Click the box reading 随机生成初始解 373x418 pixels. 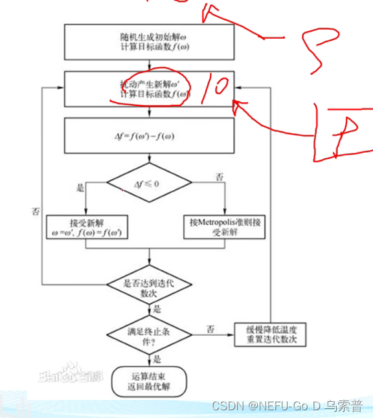pos(150,42)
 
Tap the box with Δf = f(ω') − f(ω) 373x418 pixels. pos(150,136)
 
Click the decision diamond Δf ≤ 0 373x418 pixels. pos(150,184)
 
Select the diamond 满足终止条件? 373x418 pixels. pos(150,333)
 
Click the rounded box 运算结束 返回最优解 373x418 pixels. pos(149,381)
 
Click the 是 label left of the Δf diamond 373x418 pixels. pos(81,188)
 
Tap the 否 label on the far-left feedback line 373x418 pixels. pos(36,212)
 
